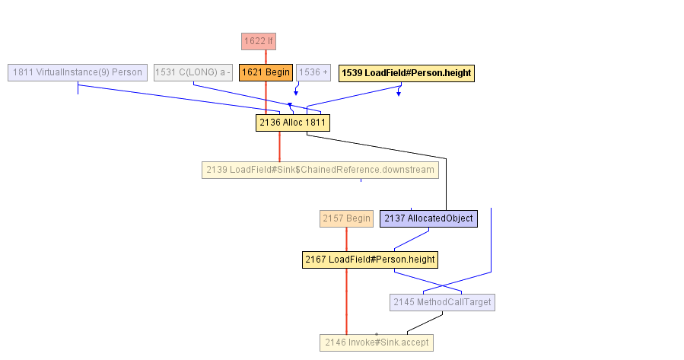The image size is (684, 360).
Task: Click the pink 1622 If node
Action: tap(258, 41)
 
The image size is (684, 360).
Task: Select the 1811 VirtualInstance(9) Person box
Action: tap(77, 72)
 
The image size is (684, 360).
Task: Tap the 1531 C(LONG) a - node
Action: tap(192, 72)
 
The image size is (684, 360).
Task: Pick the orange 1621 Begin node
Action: tap(266, 72)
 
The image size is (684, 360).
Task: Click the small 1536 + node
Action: tap(313, 72)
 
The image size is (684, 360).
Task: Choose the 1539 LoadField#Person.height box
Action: tap(406, 73)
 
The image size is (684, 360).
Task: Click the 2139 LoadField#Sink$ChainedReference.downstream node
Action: tap(320, 170)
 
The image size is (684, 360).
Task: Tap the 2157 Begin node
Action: tap(346, 218)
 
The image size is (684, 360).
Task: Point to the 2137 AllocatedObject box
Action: tap(428, 218)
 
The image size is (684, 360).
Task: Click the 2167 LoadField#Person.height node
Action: tap(370, 260)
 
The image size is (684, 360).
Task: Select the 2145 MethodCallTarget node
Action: tap(442, 302)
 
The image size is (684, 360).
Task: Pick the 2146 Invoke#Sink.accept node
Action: tap(377, 342)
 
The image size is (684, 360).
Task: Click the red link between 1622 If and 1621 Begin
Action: tap(266, 57)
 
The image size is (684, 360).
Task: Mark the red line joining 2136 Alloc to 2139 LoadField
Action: tap(279, 146)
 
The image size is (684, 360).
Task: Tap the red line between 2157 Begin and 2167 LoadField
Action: tap(346, 239)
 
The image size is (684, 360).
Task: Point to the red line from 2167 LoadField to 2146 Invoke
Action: tap(346, 301)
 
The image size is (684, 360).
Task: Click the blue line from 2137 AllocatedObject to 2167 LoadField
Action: tap(411, 239)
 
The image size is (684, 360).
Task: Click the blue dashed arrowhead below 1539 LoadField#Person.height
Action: tap(398, 93)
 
